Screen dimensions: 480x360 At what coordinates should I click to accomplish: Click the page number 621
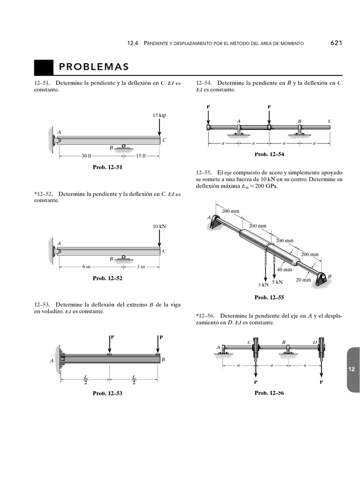pos(337,43)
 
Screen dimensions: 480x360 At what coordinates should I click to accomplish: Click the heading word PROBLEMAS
pos(94,67)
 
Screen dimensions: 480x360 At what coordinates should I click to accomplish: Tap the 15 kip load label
pos(159,115)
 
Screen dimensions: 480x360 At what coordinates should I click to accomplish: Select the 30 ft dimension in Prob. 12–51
pos(87,156)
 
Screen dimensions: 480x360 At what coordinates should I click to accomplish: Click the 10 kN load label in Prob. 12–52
pos(159,226)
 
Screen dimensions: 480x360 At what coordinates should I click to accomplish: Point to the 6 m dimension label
pos(86,267)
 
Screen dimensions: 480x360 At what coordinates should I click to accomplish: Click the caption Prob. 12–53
pos(107,394)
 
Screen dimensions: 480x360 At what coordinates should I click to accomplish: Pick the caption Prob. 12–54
pos(269,154)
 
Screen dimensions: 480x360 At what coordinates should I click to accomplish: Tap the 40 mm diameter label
pos(284,270)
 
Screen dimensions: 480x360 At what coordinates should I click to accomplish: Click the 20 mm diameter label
pos(303,280)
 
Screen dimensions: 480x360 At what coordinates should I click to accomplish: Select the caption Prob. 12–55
pos(269,297)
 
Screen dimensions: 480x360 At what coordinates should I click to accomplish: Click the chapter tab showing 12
pos(352,369)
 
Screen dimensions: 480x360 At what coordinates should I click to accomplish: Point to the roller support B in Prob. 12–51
pos(123,147)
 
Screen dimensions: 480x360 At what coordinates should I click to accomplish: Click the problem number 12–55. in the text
pos(204,172)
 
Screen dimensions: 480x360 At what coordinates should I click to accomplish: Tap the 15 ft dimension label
pos(141,156)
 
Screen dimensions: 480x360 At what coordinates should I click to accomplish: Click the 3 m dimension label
pos(141,267)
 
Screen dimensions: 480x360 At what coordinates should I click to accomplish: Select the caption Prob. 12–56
pos(269,393)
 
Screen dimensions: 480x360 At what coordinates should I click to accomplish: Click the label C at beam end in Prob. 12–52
pos(164,251)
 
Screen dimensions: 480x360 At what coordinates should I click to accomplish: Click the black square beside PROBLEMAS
pos(44,67)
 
